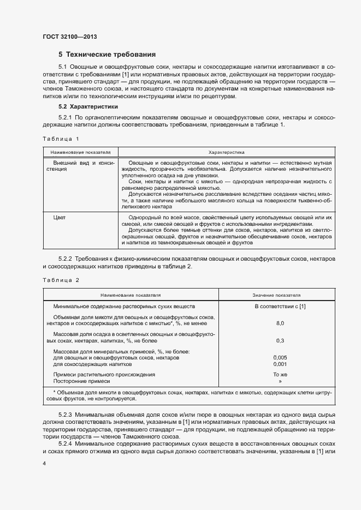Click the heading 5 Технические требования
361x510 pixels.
coord(107,55)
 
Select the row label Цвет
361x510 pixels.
coord(59,218)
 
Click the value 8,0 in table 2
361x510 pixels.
coord(280,323)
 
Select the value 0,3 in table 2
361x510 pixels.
coord(280,340)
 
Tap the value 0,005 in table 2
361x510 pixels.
coord(280,357)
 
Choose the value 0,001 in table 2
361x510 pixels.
coord(280,363)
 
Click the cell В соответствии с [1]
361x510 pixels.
coord(280,306)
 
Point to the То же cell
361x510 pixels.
coord(280,375)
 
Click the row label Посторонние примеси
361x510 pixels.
coord(81,381)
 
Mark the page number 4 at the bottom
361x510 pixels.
coord(44,463)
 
